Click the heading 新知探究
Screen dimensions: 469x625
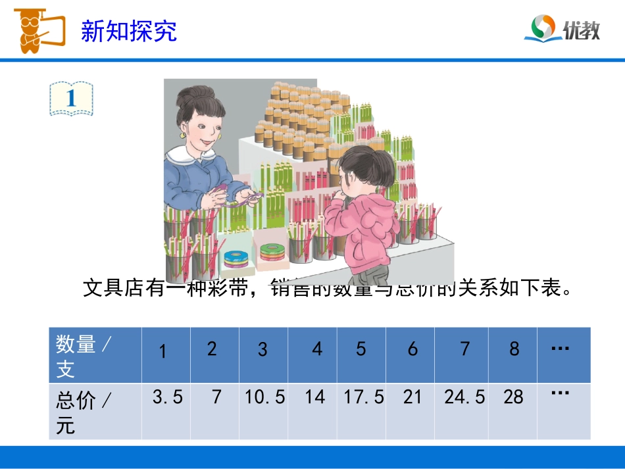pyautogui.click(x=129, y=31)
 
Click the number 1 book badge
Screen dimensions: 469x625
pyautogui.click(x=71, y=99)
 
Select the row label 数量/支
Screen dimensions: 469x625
pyautogui.click(x=84, y=356)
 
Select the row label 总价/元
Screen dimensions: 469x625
pyautogui.click(x=84, y=412)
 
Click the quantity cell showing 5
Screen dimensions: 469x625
pyautogui.click(x=361, y=349)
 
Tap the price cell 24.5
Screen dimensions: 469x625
pyautogui.click(x=464, y=397)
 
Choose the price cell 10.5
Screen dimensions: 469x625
pyautogui.click(x=264, y=397)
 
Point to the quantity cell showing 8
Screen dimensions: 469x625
pyautogui.click(x=514, y=349)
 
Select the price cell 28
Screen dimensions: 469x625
pyautogui.click(x=513, y=397)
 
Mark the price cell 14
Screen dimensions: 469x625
pyautogui.click(x=315, y=397)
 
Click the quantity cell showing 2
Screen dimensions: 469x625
pyautogui.click(x=212, y=349)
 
